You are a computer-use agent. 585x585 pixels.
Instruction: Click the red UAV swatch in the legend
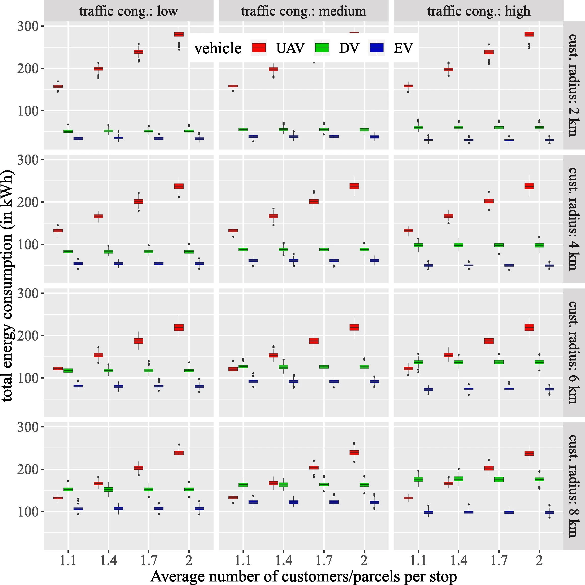[x=258, y=48]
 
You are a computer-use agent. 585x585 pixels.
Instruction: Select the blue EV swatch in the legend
[x=376, y=48]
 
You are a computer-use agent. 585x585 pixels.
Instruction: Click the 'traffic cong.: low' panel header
[x=128, y=11]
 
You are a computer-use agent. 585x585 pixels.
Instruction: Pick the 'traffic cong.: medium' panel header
[x=303, y=11]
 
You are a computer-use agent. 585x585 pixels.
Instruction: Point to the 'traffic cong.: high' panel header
[x=479, y=11]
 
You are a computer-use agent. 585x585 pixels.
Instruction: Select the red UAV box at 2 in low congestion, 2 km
[x=179, y=34]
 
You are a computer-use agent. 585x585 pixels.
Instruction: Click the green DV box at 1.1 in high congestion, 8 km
[x=418, y=479]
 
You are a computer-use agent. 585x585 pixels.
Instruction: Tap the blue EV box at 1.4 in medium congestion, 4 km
[x=293, y=260]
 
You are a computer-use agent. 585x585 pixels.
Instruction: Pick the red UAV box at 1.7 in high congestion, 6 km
[x=489, y=341]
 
